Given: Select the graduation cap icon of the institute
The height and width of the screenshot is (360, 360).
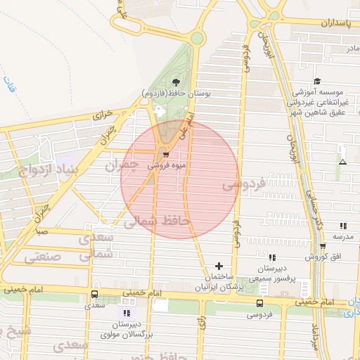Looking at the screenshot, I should tap(317, 82).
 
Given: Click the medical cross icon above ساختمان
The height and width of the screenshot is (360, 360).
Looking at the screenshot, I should tap(219, 266).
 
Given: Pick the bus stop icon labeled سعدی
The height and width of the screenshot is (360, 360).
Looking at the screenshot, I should tap(94, 295).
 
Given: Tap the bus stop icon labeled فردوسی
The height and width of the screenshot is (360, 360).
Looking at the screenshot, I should tap(260, 304).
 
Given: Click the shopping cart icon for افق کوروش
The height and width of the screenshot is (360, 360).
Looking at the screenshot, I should tap(322, 247).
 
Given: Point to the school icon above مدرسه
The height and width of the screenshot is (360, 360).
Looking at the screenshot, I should tap(343, 226).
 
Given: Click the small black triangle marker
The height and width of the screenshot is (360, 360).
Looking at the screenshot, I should tap(342, 162).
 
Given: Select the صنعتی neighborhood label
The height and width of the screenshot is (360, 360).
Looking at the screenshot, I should tap(44, 257).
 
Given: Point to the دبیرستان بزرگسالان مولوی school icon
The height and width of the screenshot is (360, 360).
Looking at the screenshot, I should tap(127, 312).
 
